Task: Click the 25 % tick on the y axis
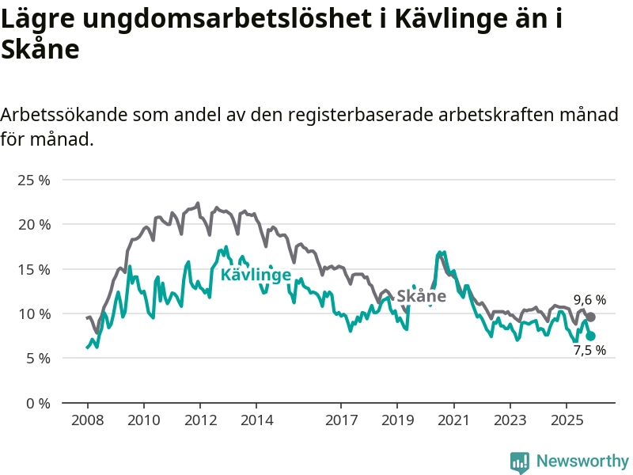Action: point(34,180)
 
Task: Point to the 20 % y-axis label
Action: point(34,224)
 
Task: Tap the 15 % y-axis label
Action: point(34,269)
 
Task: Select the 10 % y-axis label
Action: point(34,313)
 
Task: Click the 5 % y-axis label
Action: point(37,358)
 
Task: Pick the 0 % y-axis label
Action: point(37,403)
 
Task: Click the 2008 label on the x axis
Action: point(87,419)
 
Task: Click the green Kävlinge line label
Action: point(256,275)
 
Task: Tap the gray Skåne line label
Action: point(421,296)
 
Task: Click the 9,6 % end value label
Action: point(589,300)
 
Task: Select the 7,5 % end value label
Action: point(589,350)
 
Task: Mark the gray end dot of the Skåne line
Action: point(590,317)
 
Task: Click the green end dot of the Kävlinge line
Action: point(590,336)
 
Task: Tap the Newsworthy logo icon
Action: point(520,461)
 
